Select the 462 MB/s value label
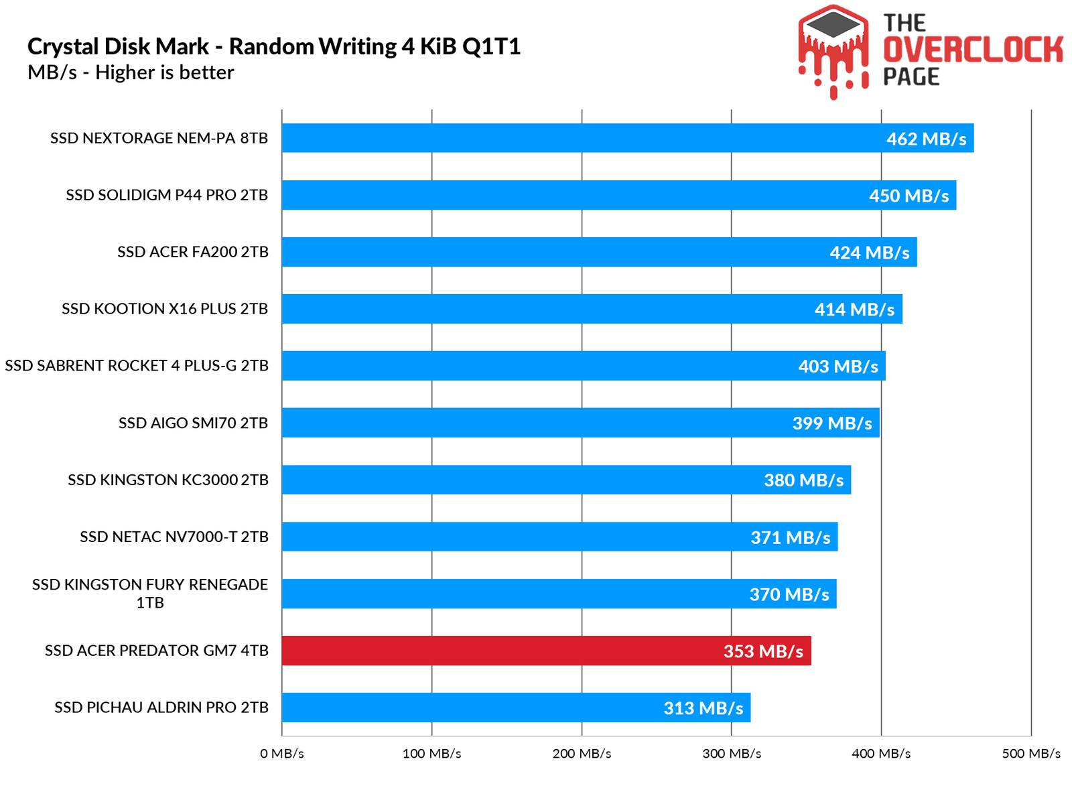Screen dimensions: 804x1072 (x=926, y=139)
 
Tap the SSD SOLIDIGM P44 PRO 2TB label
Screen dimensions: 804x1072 (x=167, y=195)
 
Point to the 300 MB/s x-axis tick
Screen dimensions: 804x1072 (x=732, y=754)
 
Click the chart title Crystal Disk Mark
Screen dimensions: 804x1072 (x=274, y=46)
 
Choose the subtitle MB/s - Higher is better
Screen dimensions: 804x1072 (x=131, y=72)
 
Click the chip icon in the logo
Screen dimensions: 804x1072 (x=833, y=26)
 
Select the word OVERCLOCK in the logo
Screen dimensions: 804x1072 (x=973, y=50)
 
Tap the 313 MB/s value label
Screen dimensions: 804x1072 (x=703, y=708)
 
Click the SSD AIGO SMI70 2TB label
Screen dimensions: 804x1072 (x=193, y=423)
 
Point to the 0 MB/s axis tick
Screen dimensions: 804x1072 (x=282, y=754)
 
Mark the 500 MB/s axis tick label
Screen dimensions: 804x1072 (x=1031, y=754)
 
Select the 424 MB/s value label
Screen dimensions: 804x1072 (x=870, y=253)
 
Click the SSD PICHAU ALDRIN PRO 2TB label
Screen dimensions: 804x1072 (x=161, y=708)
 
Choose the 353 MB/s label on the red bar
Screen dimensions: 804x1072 (x=763, y=651)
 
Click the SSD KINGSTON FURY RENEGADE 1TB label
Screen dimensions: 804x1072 (x=150, y=593)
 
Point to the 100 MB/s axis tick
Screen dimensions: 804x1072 (x=431, y=754)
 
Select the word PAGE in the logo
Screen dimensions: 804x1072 (x=911, y=76)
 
